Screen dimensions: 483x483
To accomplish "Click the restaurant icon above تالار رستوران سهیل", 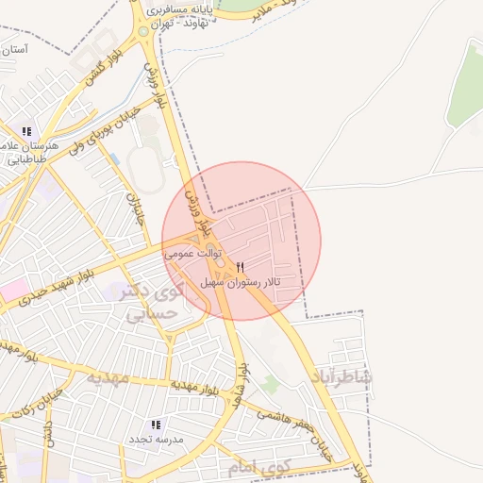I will (241, 268).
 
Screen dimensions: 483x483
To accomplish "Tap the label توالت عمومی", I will (192, 253).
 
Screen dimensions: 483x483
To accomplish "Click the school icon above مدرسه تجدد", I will (156, 425).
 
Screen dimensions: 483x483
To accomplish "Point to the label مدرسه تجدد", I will (157, 441).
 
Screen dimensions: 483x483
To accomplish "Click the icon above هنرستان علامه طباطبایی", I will (26, 132).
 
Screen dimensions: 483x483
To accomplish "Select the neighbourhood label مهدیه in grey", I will (107, 377).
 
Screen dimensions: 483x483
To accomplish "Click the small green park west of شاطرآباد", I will (272, 384).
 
